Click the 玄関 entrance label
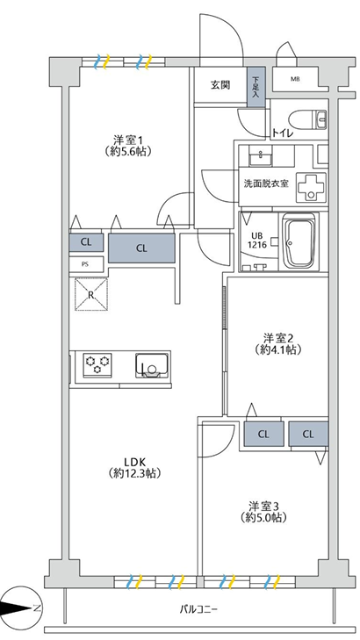click(220, 85)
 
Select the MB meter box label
click(295, 79)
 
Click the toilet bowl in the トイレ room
click(307, 119)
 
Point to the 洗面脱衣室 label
click(266, 183)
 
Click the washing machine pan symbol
click(313, 187)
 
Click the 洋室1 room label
click(128, 146)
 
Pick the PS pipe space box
click(85, 263)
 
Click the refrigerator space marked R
click(91, 295)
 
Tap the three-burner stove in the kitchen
click(97, 363)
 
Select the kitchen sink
click(152, 365)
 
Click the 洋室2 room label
click(278, 343)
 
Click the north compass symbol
click(18, 608)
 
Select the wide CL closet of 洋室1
click(141, 248)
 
